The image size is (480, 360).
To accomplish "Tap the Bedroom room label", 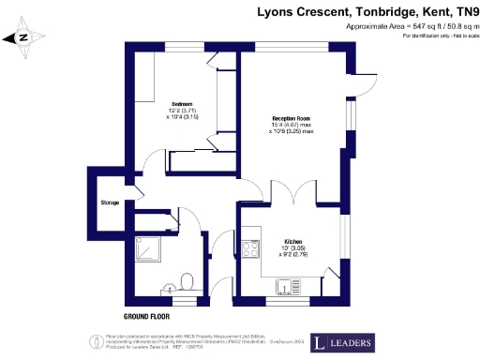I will (181, 103).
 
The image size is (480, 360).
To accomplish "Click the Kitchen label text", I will (289, 240).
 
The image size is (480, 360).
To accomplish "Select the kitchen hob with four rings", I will (250, 249).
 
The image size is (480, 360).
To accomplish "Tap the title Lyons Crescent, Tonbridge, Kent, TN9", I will (367, 11).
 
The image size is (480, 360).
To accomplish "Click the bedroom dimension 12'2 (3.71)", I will (181, 111).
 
